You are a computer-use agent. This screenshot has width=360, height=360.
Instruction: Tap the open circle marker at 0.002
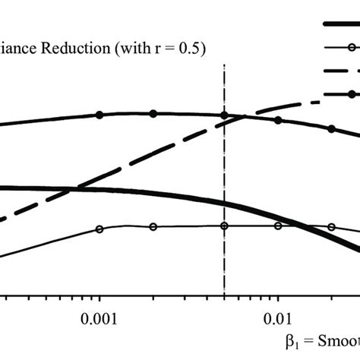click(153, 226)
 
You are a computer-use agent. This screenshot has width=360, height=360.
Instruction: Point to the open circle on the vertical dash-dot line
click(224, 226)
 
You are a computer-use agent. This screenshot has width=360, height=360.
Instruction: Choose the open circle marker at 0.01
click(277, 226)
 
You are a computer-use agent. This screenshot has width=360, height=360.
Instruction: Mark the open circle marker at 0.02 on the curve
click(331, 226)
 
